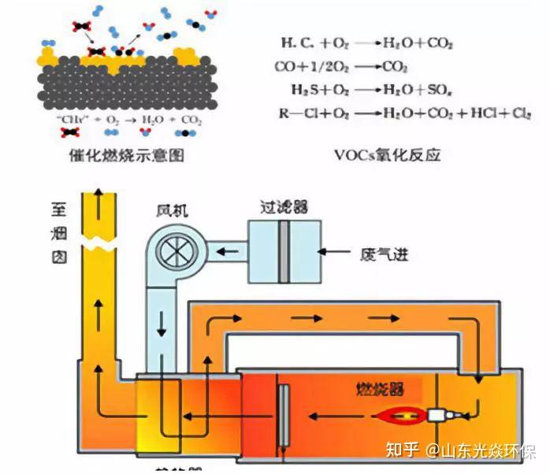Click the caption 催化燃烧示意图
click(x=126, y=155)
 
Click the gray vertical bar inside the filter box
click(x=284, y=251)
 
